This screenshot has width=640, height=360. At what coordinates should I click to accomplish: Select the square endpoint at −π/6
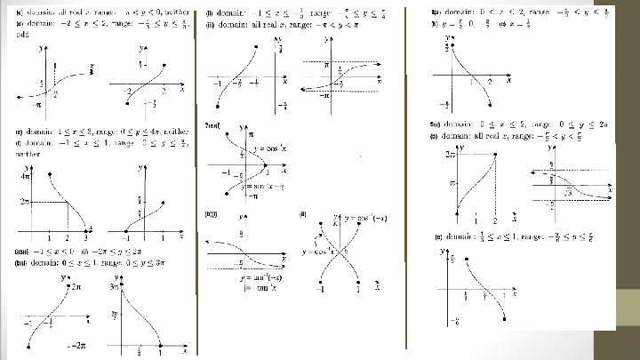point(505,317)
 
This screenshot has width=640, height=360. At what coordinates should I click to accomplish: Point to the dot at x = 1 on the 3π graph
point(159,345)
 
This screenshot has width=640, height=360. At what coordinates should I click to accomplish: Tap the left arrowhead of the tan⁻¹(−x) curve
point(206,242)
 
